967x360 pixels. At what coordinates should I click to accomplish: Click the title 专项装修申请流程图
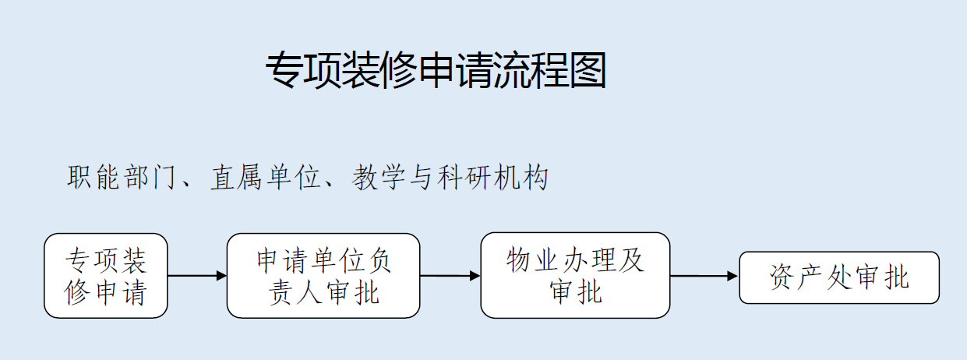click(436, 70)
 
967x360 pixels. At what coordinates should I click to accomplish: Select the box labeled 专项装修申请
click(106, 276)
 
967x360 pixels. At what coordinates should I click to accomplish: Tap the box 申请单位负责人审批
click(323, 276)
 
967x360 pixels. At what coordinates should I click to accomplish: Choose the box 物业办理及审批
click(575, 275)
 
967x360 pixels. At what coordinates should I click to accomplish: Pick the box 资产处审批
click(839, 277)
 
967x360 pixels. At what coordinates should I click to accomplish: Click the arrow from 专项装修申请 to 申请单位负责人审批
click(197, 275)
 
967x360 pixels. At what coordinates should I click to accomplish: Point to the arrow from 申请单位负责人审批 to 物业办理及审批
click(450, 275)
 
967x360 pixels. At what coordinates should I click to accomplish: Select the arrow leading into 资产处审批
click(704, 276)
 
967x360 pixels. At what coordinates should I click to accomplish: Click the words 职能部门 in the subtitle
click(121, 177)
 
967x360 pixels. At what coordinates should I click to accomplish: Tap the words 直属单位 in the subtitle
click(265, 177)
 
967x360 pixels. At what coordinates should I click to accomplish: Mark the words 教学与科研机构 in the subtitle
click(450, 177)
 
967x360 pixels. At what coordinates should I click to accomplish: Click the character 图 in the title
click(588, 70)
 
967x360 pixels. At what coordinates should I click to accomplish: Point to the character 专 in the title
click(284, 70)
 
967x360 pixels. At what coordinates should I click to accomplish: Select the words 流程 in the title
click(531, 70)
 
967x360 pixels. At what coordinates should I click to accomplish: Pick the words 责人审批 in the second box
click(324, 293)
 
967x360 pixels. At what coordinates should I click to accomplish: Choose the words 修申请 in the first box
click(105, 293)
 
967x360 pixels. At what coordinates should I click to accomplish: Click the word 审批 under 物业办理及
click(575, 291)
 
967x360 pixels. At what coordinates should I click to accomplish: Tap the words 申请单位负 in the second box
click(324, 261)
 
